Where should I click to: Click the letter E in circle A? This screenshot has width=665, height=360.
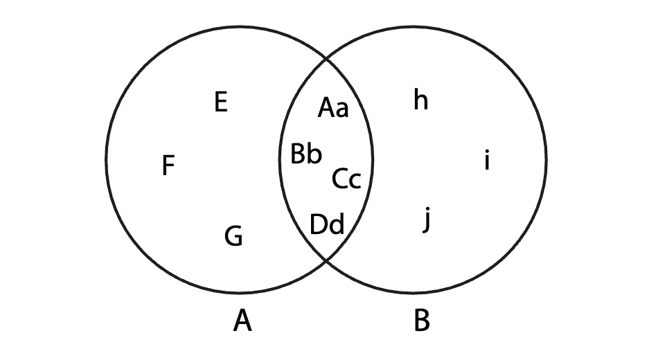pos(221,102)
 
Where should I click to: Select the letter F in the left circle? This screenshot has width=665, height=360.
pos(168,166)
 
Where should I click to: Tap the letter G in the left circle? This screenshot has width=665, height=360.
pos(234,237)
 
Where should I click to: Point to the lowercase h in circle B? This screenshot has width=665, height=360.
pos(420,100)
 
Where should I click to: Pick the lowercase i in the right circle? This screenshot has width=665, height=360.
pos(487,162)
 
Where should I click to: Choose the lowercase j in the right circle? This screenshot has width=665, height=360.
pos(427,222)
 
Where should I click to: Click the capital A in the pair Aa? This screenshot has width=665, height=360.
pos(327,108)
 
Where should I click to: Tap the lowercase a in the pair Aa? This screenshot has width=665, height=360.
pos(342,109)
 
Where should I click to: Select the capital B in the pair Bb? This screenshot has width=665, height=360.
pos(298,154)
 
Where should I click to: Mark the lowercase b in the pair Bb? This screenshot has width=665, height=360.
pos(314,154)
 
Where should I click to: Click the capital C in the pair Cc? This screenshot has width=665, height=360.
pos(340,179)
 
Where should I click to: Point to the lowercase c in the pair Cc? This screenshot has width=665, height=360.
pos(355,181)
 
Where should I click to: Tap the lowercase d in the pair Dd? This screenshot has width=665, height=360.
pos(337,224)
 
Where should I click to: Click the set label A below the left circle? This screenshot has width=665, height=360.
pos(242,321)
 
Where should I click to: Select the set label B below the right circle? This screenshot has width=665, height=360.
pos(421,321)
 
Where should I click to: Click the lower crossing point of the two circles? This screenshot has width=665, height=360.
pos(327,261)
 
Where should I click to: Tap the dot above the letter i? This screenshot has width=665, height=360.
pos(487,153)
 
